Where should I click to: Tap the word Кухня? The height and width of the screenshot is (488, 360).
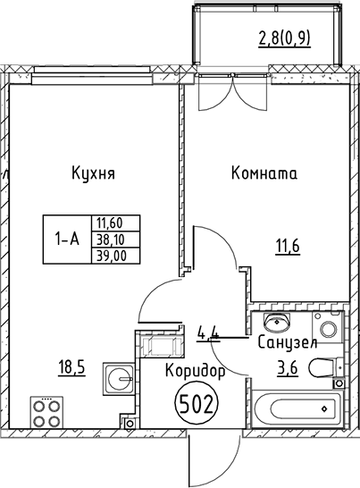(x=94, y=172)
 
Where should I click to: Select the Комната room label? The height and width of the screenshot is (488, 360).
(x=264, y=173)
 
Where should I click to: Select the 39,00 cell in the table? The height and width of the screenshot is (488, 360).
(x=108, y=255)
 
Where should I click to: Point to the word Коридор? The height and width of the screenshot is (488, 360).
(x=196, y=369)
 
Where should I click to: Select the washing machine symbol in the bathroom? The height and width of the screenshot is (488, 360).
(x=330, y=329)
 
